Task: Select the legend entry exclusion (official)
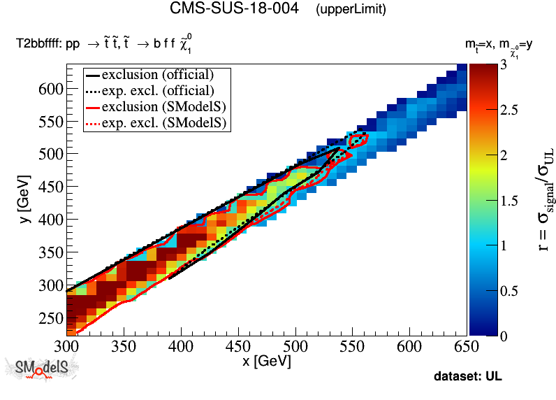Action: pyautogui.click(x=157, y=74)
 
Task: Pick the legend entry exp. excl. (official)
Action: pyautogui.click(x=157, y=90)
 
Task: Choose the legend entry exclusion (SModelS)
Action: pyautogui.click(x=157, y=106)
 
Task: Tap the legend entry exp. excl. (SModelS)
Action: pyautogui.click(x=157, y=123)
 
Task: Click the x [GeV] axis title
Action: pyautogui.click(x=265, y=362)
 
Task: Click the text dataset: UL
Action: pyautogui.click(x=467, y=376)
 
